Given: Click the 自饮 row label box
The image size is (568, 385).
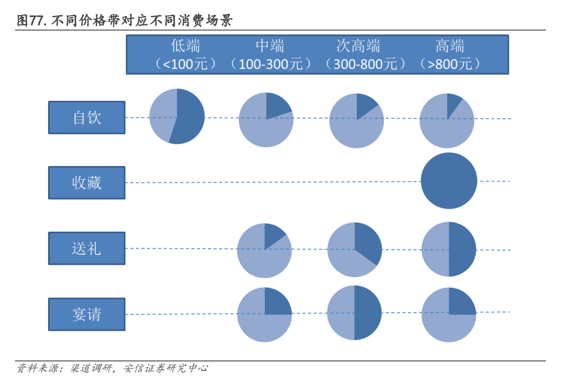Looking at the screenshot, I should (x=87, y=118).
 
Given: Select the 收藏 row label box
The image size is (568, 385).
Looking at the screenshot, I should (x=87, y=183).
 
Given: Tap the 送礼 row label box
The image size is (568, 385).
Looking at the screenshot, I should (x=87, y=248).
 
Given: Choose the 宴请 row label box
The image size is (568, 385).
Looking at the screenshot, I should (x=87, y=314).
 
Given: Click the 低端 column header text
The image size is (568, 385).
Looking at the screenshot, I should (x=185, y=46).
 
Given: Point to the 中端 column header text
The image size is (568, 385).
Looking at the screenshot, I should (x=270, y=46).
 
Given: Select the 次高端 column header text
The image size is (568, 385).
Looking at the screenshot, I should (x=358, y=46).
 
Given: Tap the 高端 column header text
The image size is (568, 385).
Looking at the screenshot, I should (x=450, y=46).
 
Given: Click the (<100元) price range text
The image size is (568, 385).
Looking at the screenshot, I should (x=185, y=64).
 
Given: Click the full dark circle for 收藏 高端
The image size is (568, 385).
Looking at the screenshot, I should (x=449, y=180).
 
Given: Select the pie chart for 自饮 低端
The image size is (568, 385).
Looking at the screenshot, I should (x=177, y=116).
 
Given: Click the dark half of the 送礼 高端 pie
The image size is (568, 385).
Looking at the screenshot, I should (x=462, y=249).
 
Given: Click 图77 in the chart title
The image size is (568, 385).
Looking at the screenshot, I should (x=31, y=21).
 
